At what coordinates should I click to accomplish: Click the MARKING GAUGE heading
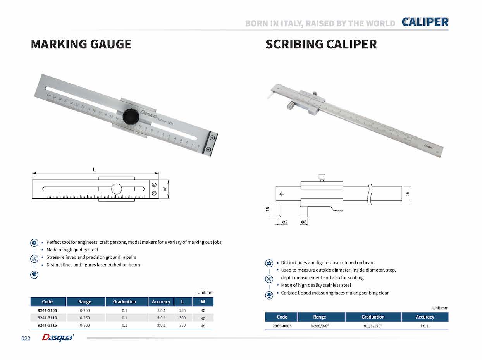coord(81,44)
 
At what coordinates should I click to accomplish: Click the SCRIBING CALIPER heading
coord(321,44)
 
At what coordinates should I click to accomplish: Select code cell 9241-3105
coord(48,310)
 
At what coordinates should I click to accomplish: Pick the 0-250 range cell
coord(85,318)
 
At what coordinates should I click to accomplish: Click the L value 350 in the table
coord(182,326)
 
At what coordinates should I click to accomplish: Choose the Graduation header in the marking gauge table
coord(124,301)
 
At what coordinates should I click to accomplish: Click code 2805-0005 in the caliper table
coord(282,326)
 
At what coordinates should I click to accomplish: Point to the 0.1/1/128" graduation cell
coord(373,326)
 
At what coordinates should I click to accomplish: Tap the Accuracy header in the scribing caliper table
coord(425,317)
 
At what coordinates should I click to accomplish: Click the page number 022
coord(26,339)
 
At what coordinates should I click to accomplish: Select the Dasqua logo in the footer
coord(58,338)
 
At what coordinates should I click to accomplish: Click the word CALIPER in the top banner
coord(425,22)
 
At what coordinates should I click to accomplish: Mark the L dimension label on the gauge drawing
coord(95,169)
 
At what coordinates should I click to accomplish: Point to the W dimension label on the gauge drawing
coord(165,189)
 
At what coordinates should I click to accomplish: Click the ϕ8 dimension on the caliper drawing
coord(304,222)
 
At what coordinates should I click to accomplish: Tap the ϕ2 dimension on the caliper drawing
coord(284,222)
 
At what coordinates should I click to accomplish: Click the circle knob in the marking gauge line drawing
coord(116,189)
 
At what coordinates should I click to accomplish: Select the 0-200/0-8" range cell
coord(320,326)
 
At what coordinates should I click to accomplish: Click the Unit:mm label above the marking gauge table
coord(205,293)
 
